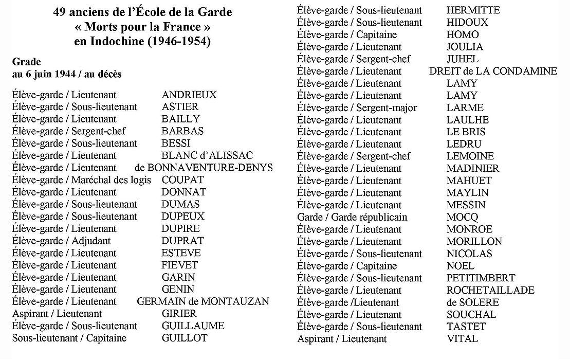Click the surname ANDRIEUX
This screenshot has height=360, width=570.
(189, 95)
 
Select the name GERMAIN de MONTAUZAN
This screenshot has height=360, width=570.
(203, 301)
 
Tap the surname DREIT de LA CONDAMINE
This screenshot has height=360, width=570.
(493, 71)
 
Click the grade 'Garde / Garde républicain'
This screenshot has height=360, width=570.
(352, 217)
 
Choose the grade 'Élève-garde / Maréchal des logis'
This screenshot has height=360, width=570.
(82, 180)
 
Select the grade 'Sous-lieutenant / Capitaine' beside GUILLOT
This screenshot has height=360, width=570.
(69, 338)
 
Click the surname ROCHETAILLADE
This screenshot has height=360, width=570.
(490, 290)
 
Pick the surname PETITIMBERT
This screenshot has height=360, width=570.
(481, 278)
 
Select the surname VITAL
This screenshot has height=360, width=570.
(462, 338)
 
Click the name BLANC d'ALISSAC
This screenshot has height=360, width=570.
(207, 155)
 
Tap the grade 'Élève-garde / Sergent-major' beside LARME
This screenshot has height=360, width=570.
(357, 108)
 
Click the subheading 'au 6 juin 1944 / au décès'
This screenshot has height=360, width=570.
(67, 74)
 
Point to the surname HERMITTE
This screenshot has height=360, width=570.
(473, 10)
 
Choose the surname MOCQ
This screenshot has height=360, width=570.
(462, 217)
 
